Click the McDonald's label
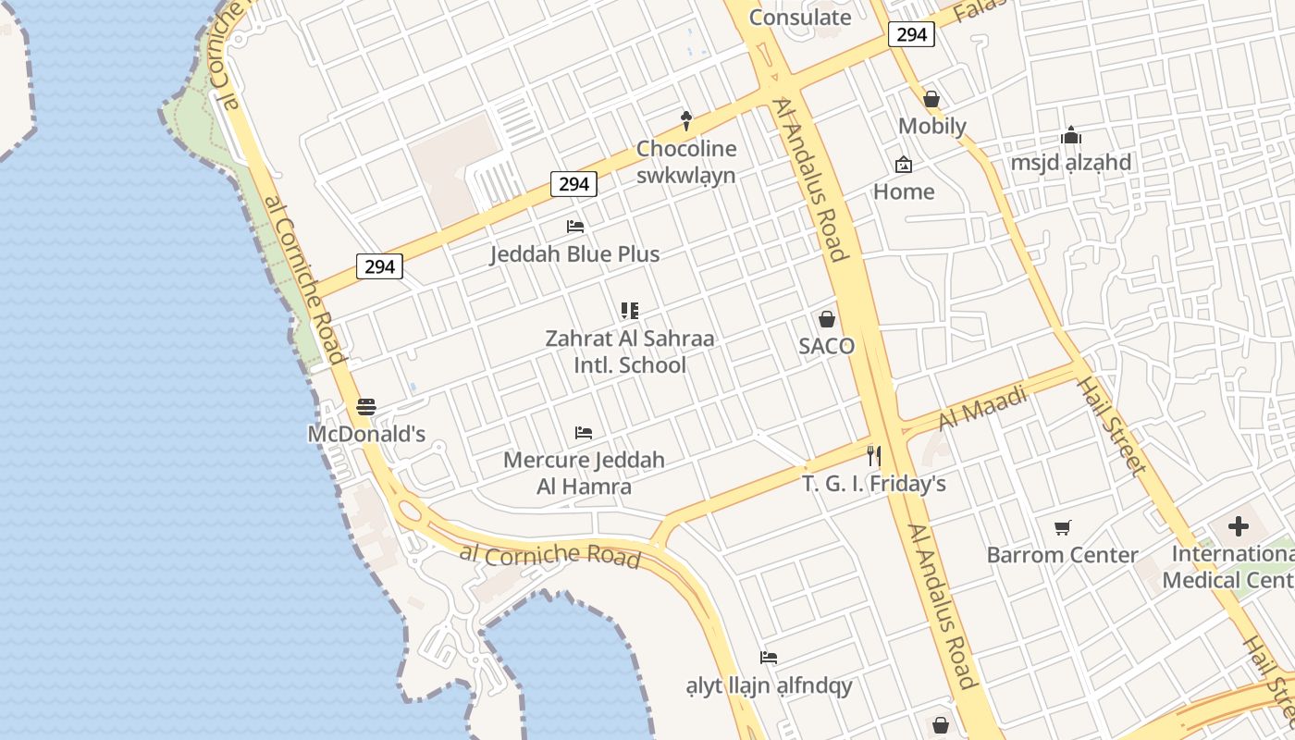coord(366,434)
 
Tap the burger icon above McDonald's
coord(366,406)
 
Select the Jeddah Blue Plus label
coord(574,254)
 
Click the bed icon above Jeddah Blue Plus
coord(575,227)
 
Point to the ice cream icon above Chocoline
coord(686,118)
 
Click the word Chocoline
coord(686,149)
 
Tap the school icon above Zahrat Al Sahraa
coord(630,311)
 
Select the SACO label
coord(827,346)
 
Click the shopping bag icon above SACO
coord(827,319)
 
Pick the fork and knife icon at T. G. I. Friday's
coord(873,455)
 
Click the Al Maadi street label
coord(983,408)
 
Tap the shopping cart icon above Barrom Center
coord(1063,527)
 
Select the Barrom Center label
coord(1062,555)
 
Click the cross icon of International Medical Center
coord(1239,527)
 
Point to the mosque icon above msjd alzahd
coord(1071,136)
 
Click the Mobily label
coord(932,127)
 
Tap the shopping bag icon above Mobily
coord(931,99)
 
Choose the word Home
coord(904,192)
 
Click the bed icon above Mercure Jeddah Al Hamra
coord(584,432)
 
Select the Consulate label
coord(800,17)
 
